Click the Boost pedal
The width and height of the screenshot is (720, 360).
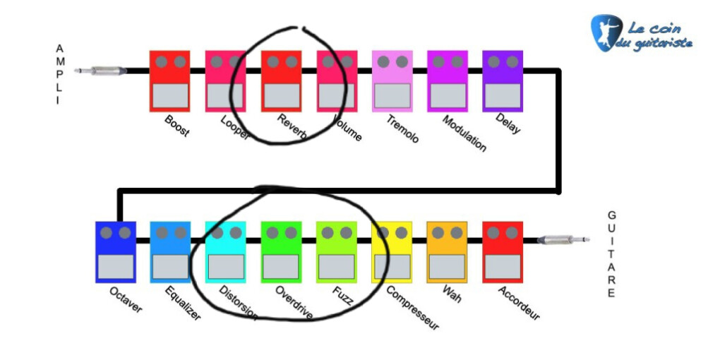[169, 80]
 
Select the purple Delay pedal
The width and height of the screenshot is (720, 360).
[503, 80]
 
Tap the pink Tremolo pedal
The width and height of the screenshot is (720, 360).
[392, 80]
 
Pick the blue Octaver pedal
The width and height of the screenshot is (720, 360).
[115, 252]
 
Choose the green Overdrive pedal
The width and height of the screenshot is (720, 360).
[281, 252]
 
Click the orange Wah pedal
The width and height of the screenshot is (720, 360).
[447, 252]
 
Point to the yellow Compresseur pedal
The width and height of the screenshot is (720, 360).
[392, 252]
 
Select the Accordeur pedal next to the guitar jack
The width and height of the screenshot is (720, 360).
[502, 252]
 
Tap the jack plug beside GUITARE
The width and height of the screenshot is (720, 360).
[563, 240]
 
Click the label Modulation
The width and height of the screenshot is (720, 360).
[464, 133]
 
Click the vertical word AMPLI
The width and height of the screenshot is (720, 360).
[60, 74]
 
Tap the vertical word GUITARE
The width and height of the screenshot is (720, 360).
[611, 254]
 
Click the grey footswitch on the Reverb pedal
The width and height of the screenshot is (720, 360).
[281, 95]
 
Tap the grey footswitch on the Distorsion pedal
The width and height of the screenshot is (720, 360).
[226, 266]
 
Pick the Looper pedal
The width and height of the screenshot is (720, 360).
[225, 80]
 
